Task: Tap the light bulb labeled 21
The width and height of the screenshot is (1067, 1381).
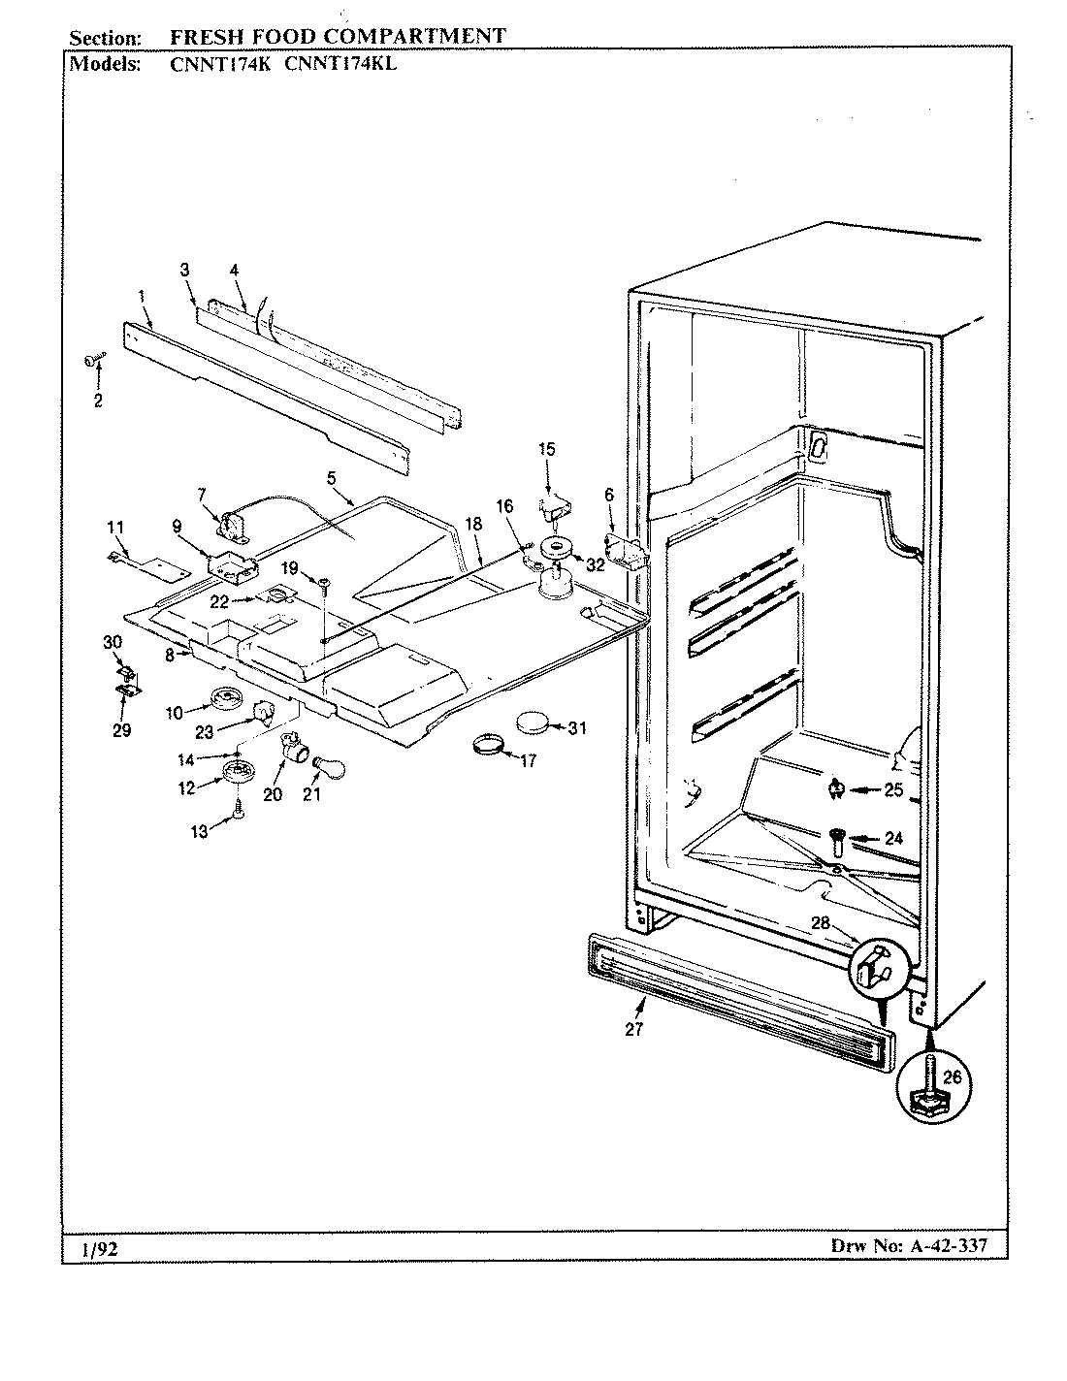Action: [x=322, y=768]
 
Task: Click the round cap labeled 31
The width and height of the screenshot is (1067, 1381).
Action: [x=533, y=723]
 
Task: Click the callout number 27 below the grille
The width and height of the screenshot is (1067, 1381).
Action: [x=633, y=1030]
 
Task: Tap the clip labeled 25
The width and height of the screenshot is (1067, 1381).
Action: [x=834, y=790]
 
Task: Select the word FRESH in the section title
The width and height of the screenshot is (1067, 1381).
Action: [x=205, y=37]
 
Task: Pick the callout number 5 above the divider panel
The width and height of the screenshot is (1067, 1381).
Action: [x=331, y=477]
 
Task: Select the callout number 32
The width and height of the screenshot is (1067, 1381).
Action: [x=595, y=565]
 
